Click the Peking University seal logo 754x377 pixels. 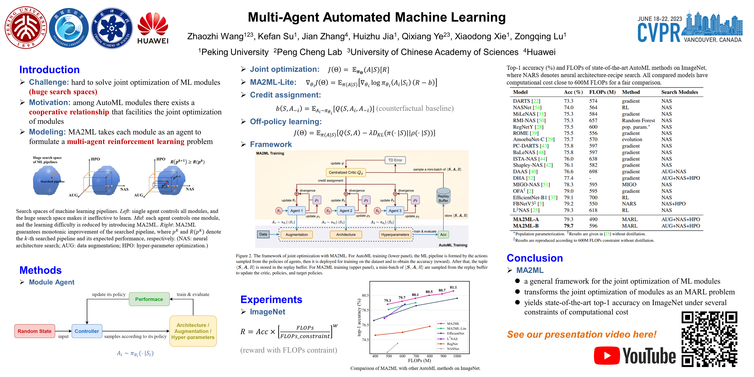(26, 28)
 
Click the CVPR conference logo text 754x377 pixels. (659, 33)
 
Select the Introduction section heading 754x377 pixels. (49, 70)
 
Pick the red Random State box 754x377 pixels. (35, 331)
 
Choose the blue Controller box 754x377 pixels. (87, 331)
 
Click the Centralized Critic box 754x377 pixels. (346, 172)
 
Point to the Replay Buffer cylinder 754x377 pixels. (443, 197)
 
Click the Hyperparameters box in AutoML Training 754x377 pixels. (395, 234)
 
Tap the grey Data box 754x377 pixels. (263, 234)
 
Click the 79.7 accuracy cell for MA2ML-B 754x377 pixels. (568, 226)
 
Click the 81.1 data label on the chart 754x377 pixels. (453, 287)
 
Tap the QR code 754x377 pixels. (709, 339)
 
